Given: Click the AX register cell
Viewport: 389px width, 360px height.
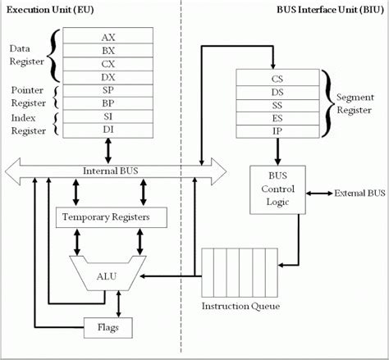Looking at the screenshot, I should pos(108,38).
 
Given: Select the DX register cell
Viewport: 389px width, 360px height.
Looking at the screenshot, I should pos(108,75).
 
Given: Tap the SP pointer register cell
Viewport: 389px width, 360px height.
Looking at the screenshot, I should pos(108,89).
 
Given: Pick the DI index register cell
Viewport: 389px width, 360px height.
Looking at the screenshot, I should pos(108,129).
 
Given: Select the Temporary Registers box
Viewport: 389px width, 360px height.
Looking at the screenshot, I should pos(111,218).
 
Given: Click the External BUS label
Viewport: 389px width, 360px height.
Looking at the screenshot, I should pos(358,194).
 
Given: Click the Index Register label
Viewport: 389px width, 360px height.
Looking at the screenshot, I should pos(28,123).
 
